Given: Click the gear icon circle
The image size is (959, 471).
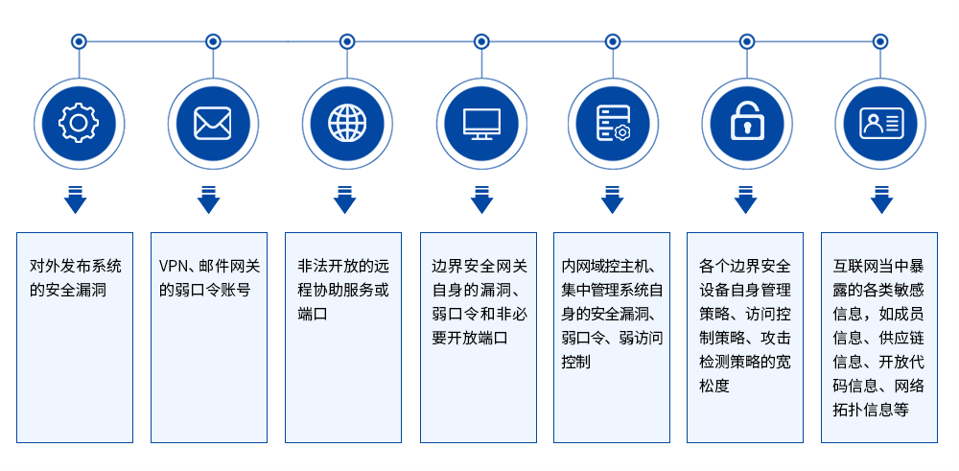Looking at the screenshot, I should pos(79,123).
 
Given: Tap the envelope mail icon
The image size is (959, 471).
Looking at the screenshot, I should pos(212,123).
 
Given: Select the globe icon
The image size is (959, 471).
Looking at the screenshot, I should pos(346,123).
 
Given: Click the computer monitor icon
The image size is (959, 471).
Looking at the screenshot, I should pos(480,123).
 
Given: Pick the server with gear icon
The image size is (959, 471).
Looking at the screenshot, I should pos(613,123).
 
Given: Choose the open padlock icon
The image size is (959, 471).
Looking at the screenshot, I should pos(746,123).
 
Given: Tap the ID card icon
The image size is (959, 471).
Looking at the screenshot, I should pos(880,123).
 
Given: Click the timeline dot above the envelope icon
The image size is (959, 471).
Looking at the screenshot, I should pos(213,41).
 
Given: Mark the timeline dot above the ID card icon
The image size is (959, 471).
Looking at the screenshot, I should pos(880,41).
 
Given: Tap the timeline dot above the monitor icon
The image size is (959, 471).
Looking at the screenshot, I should pos(481,41).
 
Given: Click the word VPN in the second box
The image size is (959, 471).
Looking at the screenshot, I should pos(175,265).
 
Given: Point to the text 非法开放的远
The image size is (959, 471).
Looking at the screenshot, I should pos(343,265).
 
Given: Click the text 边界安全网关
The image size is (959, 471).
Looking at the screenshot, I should pos(479,266).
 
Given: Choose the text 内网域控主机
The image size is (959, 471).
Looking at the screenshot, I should pos(608,266).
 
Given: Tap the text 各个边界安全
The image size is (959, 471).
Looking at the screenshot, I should pos(745,266).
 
